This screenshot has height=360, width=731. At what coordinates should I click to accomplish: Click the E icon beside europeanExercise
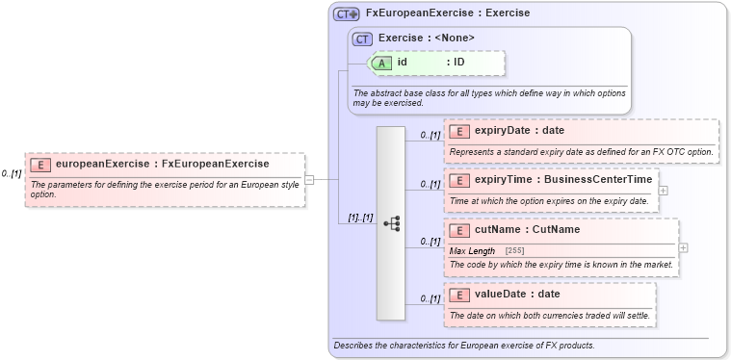(41, 165)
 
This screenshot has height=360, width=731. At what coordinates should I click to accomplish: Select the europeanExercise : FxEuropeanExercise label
(162, 165)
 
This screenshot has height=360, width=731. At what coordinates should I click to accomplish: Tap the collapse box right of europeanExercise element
(309, 179)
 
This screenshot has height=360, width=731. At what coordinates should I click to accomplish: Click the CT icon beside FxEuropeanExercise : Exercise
(347, 14)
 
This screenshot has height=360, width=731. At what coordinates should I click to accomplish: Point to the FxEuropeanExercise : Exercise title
(447, 14)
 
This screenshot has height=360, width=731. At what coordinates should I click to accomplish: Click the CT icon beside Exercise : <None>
(363, 39)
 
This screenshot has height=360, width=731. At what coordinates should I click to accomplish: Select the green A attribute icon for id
(382, 63)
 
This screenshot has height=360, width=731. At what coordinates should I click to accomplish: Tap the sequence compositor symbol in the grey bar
(391, 223)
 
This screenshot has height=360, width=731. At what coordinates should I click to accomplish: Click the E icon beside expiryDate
(459, 131)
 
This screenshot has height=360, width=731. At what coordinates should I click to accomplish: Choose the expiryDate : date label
(519, 131)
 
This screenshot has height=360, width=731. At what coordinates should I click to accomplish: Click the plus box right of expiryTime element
(664, 190)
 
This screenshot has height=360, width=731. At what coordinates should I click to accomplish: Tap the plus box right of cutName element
(683, 247)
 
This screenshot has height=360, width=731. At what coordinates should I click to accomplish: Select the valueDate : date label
(517, 295)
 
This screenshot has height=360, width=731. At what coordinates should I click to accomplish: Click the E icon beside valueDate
(459, 295)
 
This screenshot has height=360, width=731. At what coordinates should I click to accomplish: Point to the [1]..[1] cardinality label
(360, 218)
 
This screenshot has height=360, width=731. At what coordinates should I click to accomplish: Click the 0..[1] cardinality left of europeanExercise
(12, 174)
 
